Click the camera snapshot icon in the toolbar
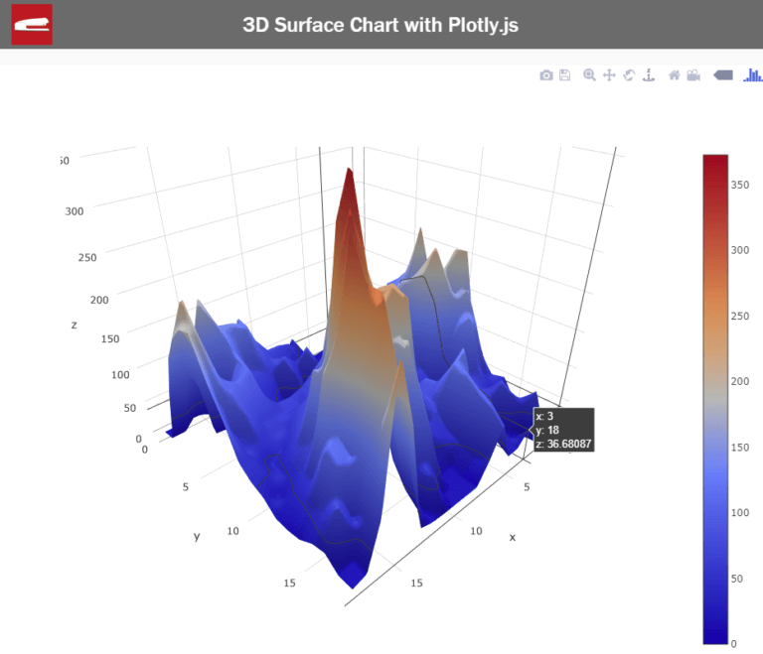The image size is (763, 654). [x=545, y=75]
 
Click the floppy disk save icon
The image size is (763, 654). [x=564, y=75]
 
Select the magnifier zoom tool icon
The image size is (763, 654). [x=589, y=75]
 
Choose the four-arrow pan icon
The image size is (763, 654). [x=609, y=75]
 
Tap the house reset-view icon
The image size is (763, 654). [x=674, y=75]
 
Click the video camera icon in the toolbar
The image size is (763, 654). [x=693, y=75]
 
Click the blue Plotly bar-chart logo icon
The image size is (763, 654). [x=753, y=75]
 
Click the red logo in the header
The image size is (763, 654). [x=31, y=24]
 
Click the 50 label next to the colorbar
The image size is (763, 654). [x=737, y=578]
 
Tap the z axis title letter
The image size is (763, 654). [x=74, y=325]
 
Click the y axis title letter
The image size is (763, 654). [x=197, y=536]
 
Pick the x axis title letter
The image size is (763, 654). [x=513, y=536]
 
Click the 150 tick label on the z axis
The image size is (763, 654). [x=109, y=338]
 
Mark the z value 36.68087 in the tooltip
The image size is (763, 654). [x=563, y=444]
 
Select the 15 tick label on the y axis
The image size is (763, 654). [x=289, y=583]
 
